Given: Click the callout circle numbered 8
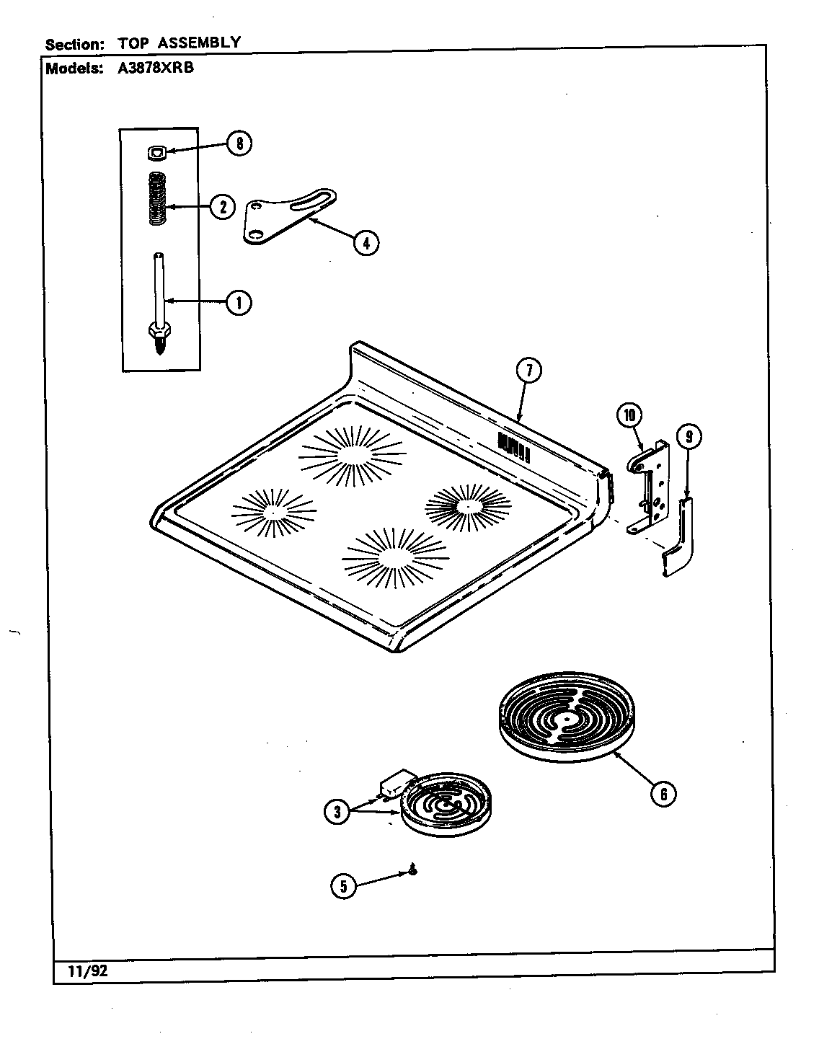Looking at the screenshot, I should [239, 144].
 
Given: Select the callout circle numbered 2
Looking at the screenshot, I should [222, 208].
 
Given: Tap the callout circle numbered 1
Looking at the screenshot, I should [238, 303].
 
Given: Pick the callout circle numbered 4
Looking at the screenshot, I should [366, 243].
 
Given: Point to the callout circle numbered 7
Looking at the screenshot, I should [528, 371].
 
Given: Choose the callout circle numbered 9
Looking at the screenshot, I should [689, 436].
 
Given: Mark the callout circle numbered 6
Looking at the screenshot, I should [663, 794].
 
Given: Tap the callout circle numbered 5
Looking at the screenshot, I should [344, 886].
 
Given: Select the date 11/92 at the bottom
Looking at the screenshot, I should [81, 970].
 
